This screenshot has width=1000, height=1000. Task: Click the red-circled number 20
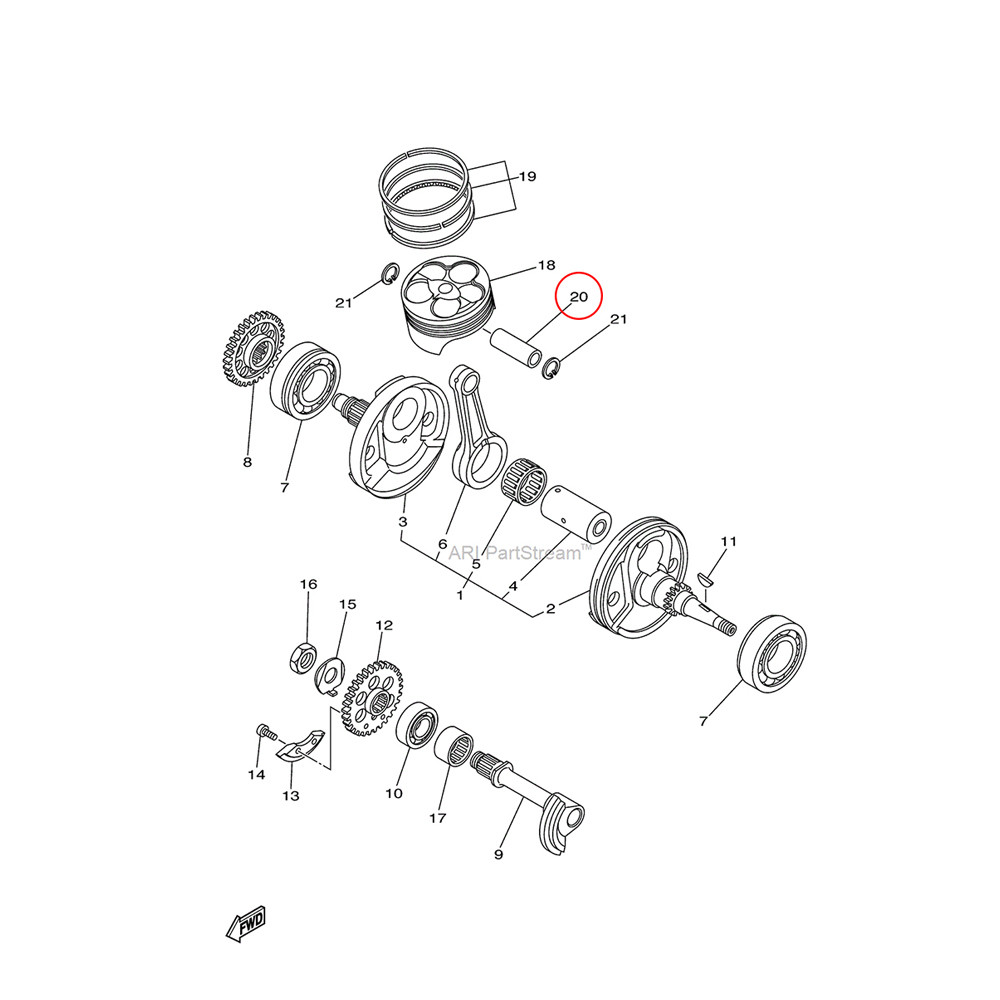click(578, 297)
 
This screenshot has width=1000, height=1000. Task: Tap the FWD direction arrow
click(246, 924)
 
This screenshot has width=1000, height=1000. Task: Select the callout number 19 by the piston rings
click(527, 177)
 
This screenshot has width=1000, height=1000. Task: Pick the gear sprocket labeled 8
click(253, 348)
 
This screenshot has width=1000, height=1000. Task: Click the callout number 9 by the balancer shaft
click(499, 854)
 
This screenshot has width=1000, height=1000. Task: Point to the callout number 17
click(438, 818)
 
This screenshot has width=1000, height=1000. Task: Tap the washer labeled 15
click(330, 677)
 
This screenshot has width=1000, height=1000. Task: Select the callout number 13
click(291, 796)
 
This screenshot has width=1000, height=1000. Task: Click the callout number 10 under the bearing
click(394, 793)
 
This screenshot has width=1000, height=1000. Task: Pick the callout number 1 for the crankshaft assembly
click(460, 596)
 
